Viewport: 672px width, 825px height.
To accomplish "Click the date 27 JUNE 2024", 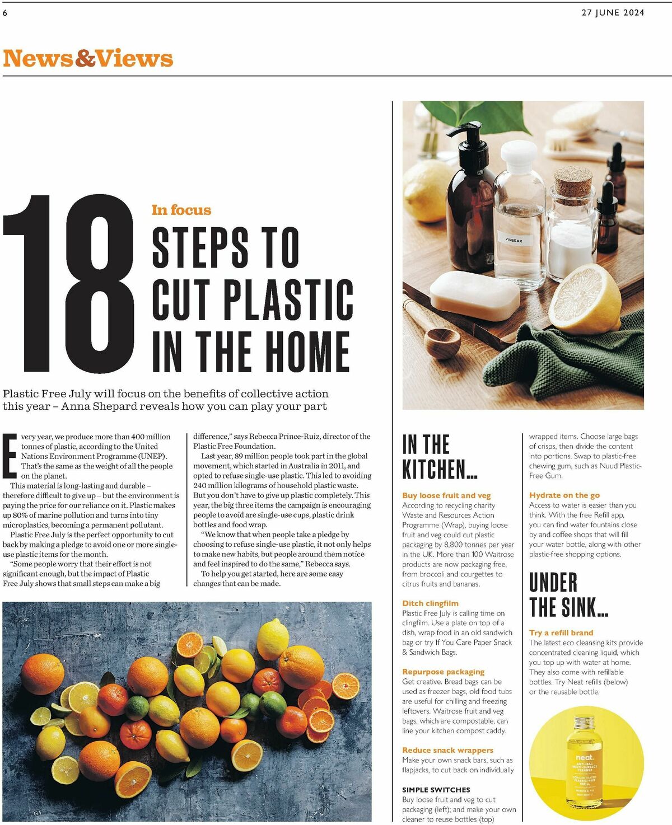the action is [x=613, y=12].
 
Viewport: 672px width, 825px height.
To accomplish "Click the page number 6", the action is [x=5, y=13].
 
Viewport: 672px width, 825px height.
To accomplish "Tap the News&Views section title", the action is [x=88, y=58].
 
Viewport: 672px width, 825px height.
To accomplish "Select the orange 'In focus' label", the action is [x=181, y=210].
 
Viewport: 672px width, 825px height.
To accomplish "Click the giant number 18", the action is [x=69, y=283].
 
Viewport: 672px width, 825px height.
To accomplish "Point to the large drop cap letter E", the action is [x=10, y=456].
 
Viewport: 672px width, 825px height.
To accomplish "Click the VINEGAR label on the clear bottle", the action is [x=514, y=240].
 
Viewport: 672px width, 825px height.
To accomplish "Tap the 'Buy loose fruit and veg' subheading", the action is [x=446, y=495].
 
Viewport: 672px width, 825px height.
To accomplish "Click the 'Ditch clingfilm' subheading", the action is [x=430, y=603].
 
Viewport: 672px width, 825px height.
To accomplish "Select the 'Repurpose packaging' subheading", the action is [x=444, y=672].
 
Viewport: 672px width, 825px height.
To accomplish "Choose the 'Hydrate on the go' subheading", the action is [x=564, y=495].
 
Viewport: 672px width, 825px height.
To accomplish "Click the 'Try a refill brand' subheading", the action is [x=561, y=632].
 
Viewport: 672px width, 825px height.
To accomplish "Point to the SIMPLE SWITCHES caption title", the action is [x=436, y=790].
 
